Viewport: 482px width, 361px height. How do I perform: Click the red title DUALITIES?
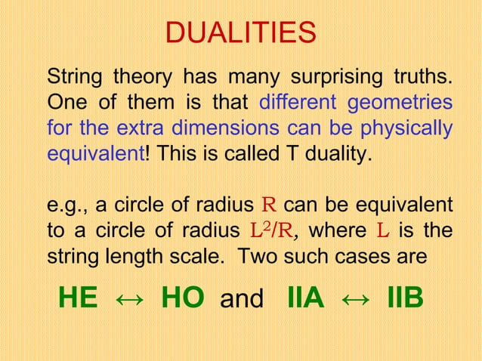(x=240, y=33)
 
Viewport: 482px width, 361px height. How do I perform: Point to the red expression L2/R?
(x=261, y=230)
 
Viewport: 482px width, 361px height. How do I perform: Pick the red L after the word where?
(x=382, y=230)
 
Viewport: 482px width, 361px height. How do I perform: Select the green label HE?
(x=78, y=298)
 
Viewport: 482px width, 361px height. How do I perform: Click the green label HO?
(x=182, y=298)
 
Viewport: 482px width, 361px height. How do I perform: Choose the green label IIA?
(x=305, y=298)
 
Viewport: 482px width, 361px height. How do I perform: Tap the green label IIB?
(x=404, y=298)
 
